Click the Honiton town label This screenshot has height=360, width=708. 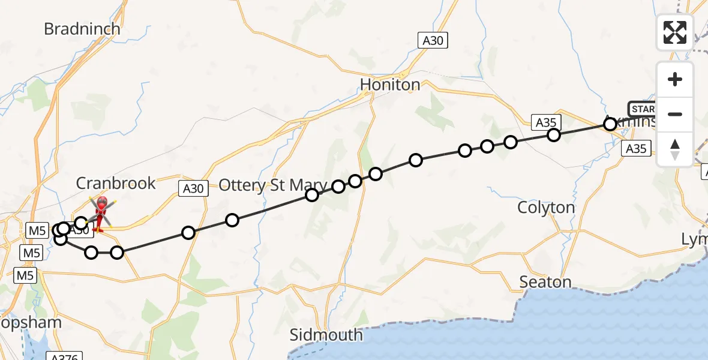(390, 85)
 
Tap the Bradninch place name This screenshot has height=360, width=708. (82, 29)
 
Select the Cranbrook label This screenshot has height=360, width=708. (116, 183)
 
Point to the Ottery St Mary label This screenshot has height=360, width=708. (273, 185)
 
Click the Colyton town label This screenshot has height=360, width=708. (546, 208)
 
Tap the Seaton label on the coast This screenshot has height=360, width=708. (545, 281)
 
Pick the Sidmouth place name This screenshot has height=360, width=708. (326, 335)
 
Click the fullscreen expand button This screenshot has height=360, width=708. (675, 32)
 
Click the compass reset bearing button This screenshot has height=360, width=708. (675, 149)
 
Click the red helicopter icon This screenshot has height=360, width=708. (100, 214)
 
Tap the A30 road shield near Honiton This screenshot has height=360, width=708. (433, 40)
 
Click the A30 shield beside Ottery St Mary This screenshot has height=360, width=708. (193, 188)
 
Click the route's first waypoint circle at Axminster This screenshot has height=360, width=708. (610, 124)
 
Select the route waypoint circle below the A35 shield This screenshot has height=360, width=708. (554, 135)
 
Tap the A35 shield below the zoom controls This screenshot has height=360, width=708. (635, 149)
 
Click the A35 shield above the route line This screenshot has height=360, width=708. (546, 122)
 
